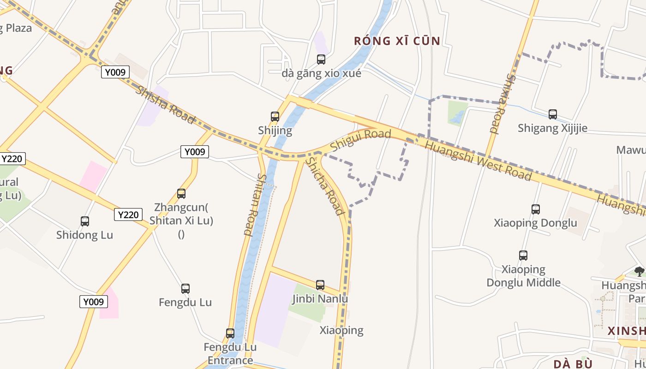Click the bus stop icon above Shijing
tap(275, 117)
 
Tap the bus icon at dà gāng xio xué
tap(321, 60)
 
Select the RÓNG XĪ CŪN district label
tap(397, 41)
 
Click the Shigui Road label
tap(360, 139)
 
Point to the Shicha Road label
tap(325, 186)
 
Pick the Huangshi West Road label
tap(478, 160)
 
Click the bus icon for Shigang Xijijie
tap(552, 114)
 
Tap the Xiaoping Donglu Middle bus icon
tap(523, 255)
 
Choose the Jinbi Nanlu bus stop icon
tap(320, 285)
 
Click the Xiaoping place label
tap(341, 330)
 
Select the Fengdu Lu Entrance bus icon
tap(230, 333)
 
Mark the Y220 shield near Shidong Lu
tap(128, 214)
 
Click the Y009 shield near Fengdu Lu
tap(94, 302)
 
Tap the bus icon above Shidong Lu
tap(84, 221)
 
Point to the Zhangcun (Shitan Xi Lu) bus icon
tap(181, 194)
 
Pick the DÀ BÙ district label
tap(573, 364)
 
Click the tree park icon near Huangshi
tap(639, 271)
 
